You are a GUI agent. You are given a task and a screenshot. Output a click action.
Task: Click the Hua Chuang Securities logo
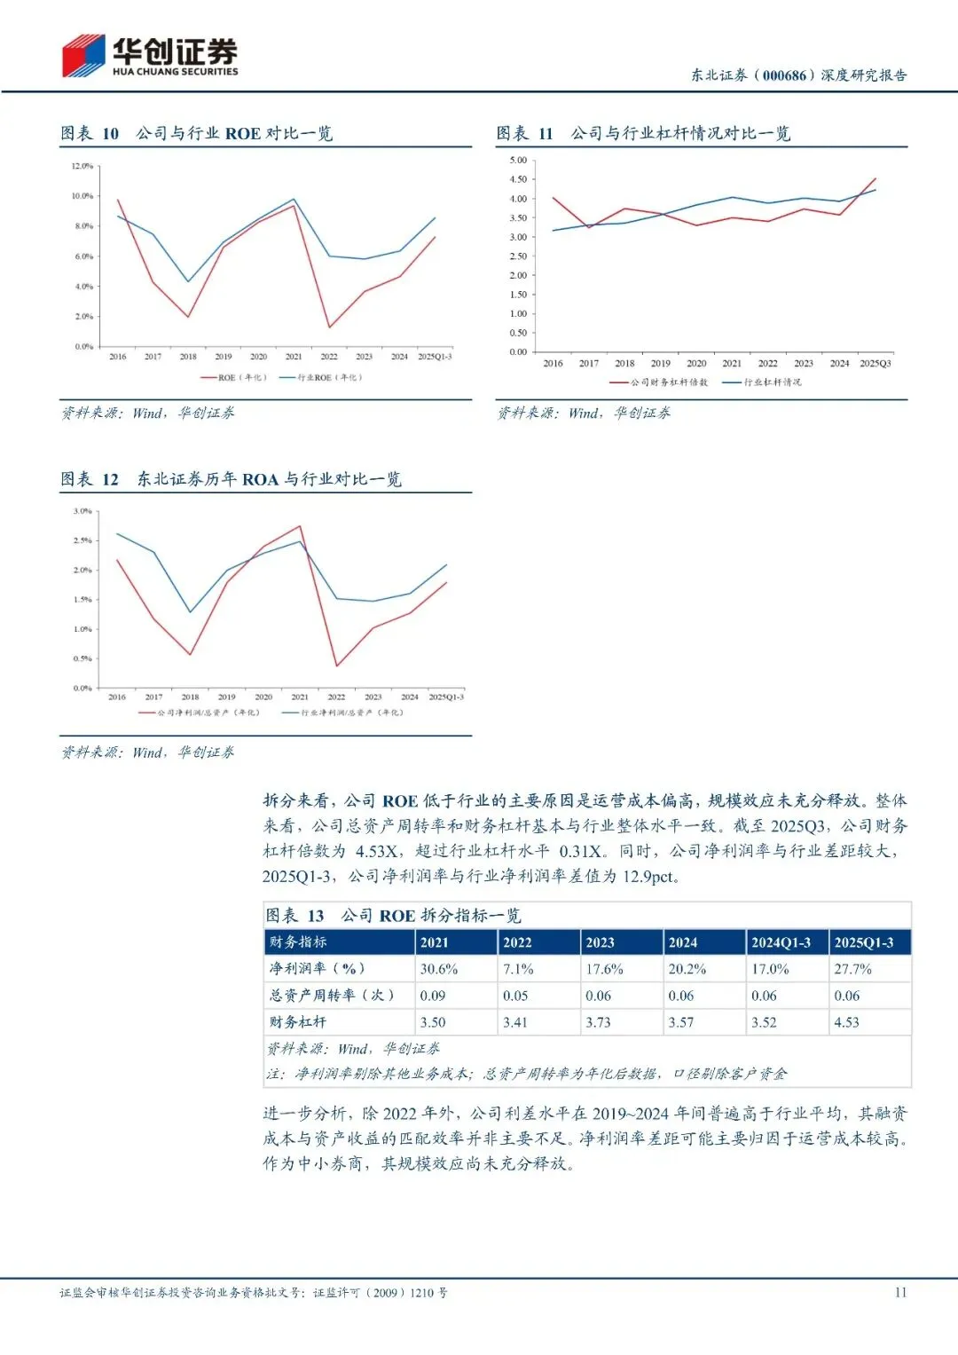point(149,56)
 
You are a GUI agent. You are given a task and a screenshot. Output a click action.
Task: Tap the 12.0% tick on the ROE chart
point(82,166)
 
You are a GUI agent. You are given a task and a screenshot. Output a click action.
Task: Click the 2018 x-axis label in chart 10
point(188,357)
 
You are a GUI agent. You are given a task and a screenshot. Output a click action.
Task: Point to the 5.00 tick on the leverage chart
point(518,161)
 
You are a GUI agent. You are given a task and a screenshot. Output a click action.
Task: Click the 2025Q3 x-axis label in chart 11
point(875,364)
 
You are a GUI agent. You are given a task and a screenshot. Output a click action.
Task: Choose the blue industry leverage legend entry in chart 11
point(762,382)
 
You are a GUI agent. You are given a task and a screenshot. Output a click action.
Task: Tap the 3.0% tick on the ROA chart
point(82,511)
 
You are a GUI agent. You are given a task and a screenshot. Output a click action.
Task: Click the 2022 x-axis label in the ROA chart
point(336,697)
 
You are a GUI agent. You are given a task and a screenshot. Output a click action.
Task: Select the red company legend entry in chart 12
point(199,713)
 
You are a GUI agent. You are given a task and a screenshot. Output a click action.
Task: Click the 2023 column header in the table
point(600,942)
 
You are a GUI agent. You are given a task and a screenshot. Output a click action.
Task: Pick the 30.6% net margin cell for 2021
point(439,969)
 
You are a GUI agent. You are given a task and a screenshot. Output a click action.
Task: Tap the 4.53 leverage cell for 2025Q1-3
point(846,1022)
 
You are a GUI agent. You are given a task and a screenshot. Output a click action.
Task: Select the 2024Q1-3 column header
point(781,942)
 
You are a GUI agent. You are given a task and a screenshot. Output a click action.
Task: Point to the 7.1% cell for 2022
point(518,969)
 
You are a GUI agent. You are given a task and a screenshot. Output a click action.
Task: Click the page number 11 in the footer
point(900,1293)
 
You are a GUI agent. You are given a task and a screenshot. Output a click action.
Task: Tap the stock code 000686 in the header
point(784,75)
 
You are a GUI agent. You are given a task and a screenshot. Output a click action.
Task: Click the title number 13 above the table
point(316,916)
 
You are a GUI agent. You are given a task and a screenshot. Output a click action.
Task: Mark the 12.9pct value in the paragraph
point(650,877)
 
